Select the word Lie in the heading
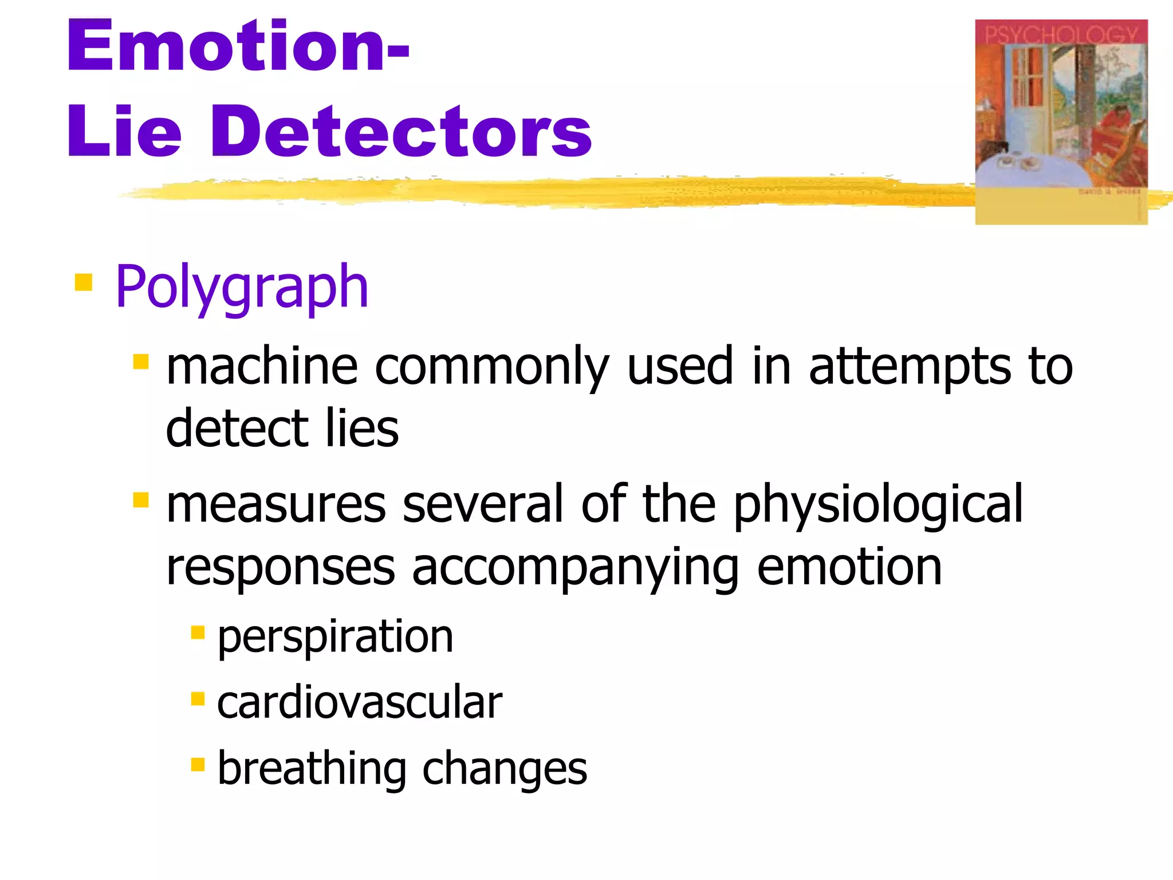pyautogui.click(x=124, y=132)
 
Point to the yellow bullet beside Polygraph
pyautogui.click(x=84, y=282)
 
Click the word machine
pyautogui.click(x=262, y=367)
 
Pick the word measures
pyautogui.click(x=276, y=504)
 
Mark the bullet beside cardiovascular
pyautogui.click(x=198, y=699)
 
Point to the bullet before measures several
pyautogui.click(x=141, y=500)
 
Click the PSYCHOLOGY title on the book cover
pyautogui.click(x=1061, y=34)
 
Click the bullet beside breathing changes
pyautogui.click(x=198, y=765)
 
